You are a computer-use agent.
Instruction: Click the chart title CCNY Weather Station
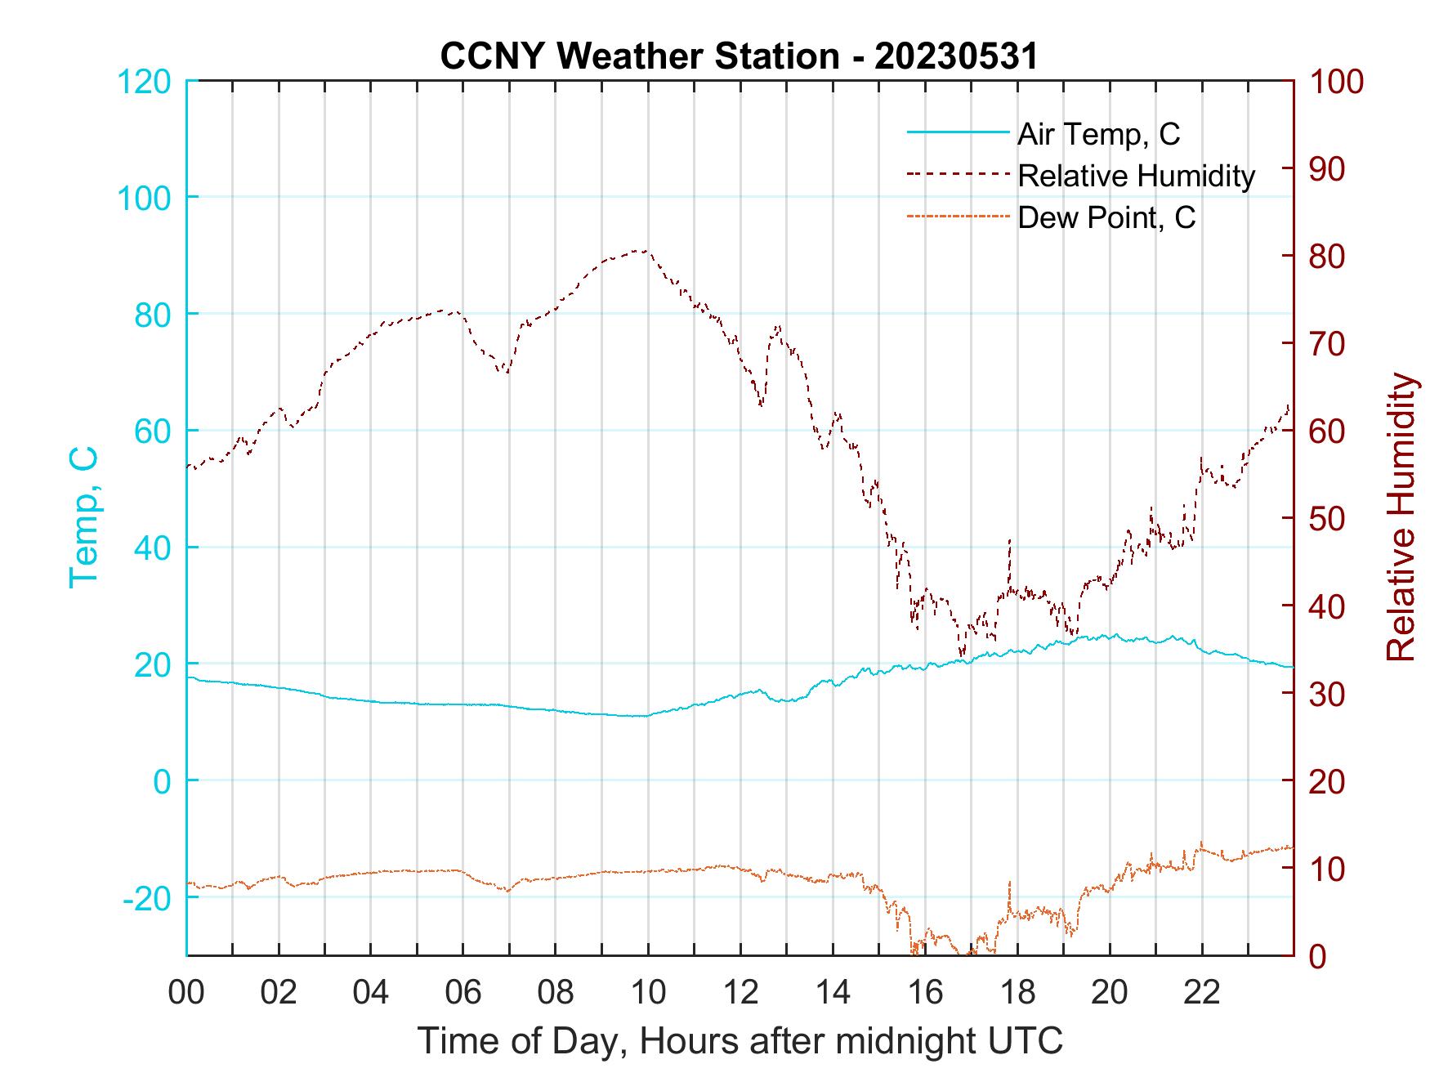tap(739, 56)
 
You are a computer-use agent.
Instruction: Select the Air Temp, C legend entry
tap(1097, 134)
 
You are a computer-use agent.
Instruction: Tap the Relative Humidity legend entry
tap(1135, 176)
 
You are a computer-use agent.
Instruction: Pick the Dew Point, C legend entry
tap(1106, 217)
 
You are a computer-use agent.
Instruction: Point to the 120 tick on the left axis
tap(144, 82)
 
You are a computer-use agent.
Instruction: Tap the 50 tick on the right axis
tap(1329, 519)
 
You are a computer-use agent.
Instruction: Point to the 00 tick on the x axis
tap(186, 993)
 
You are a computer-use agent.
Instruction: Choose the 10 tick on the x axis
tap(648, 993)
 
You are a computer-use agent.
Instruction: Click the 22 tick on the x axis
tap(1202, 993)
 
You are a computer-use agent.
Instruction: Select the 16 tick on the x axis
tap(925, 993)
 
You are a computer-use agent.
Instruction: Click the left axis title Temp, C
tap(83, 517)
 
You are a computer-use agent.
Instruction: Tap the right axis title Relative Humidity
tap(1401, 517)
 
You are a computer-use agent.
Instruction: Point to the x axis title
tap(740, 1040)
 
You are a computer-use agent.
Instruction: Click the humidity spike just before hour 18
tap(1010, 540)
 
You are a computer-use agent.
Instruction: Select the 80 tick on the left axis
tap(153, 314)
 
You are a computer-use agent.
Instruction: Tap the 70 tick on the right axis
tap(1329, 344)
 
